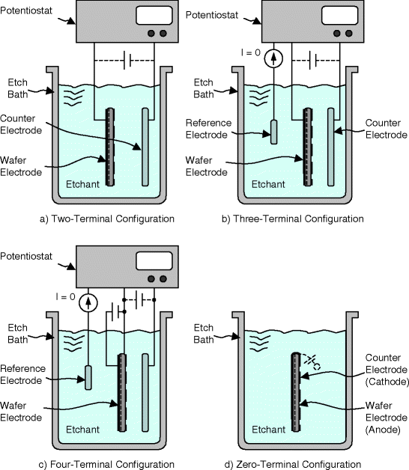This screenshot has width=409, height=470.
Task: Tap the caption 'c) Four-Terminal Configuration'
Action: (110, 464)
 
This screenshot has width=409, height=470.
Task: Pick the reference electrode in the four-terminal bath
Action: (88, 377)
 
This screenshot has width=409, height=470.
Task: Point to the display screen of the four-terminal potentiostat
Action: (158, 260)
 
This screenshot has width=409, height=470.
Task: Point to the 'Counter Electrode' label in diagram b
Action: (385, 128)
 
